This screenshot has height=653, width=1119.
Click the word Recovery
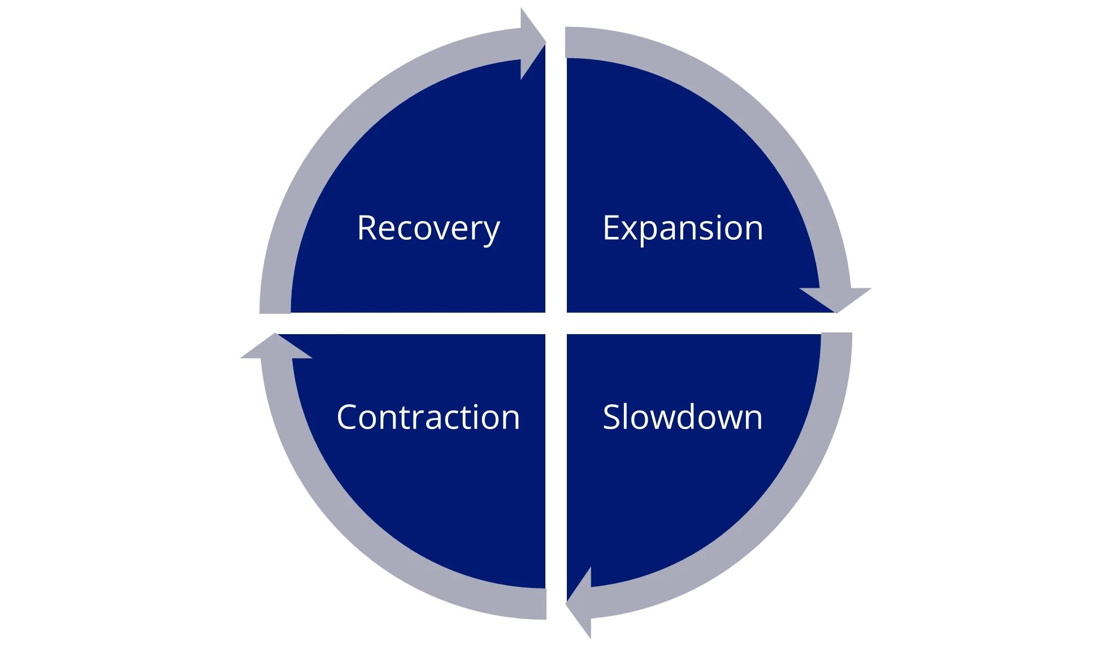[x=428, y=228]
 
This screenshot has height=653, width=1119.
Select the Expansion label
[x=683, y=228]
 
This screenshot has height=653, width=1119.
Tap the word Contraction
[x=428, y=417]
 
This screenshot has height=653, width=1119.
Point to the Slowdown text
[x=683, y=417]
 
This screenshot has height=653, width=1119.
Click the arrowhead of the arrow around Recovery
[x=531, y=42]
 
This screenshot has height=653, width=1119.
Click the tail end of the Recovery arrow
[x=275, y=305]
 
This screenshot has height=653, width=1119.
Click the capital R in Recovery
[x=367, y=228]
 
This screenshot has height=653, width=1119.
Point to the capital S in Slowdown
[x=612, y=417]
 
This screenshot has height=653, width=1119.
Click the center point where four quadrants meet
[x=556, y=323]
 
